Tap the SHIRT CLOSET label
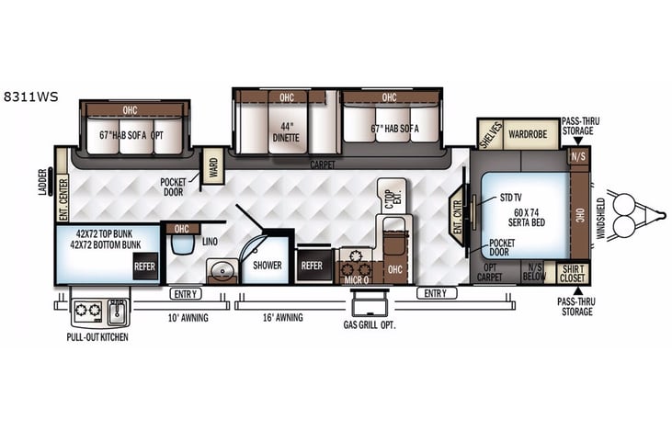[572, 272]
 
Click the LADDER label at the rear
[42, 181]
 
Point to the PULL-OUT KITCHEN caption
[97, 337]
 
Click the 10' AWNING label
[187, 318]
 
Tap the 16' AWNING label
[283, 318]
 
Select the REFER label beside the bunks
[144, 267]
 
